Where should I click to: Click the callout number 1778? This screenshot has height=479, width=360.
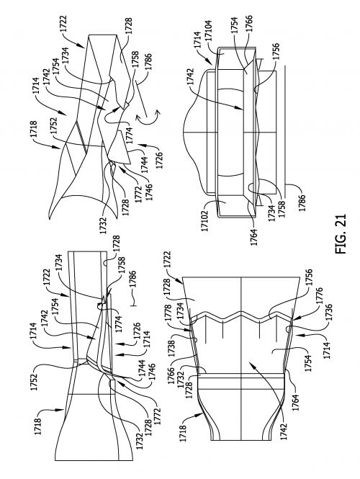(x=187, y=311)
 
